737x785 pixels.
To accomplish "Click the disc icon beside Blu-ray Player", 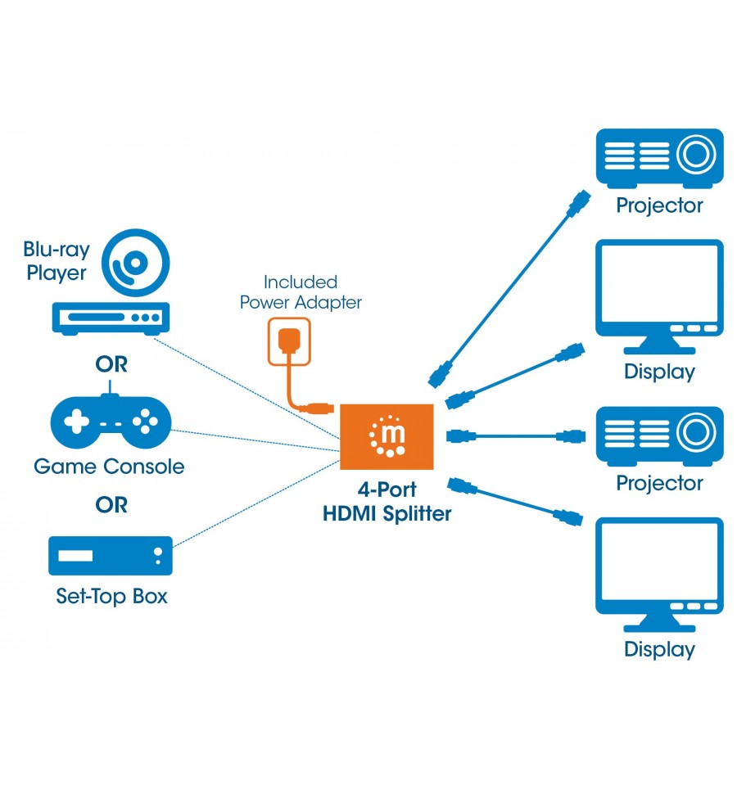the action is click(135, 263).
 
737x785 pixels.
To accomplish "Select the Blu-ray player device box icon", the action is click(111, 318).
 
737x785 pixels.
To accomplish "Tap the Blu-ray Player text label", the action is click(56, 261).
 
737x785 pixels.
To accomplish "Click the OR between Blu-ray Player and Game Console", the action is click(111, 364).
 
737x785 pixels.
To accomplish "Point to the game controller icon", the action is click(111, 421).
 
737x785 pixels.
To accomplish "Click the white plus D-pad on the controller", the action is click(77, 421).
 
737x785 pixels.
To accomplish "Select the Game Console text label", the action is click(109, 467).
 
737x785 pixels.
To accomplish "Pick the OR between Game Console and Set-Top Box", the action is click(111, 504).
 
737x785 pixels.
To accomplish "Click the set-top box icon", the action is click(111, 556).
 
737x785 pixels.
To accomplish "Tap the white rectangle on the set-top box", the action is click(75, 556).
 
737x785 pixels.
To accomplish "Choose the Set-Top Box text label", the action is click(111, 596).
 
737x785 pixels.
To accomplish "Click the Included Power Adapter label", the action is click(301, 292).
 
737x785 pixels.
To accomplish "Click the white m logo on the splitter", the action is click(387, 436).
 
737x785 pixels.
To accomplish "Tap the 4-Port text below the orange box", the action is click(387, 489).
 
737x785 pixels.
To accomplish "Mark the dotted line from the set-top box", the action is click(256, 503).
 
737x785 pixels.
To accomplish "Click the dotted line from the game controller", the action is click(255, 440).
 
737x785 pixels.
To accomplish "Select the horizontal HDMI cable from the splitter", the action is click(516, 436).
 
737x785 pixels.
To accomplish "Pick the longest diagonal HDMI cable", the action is click(509, 289).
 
